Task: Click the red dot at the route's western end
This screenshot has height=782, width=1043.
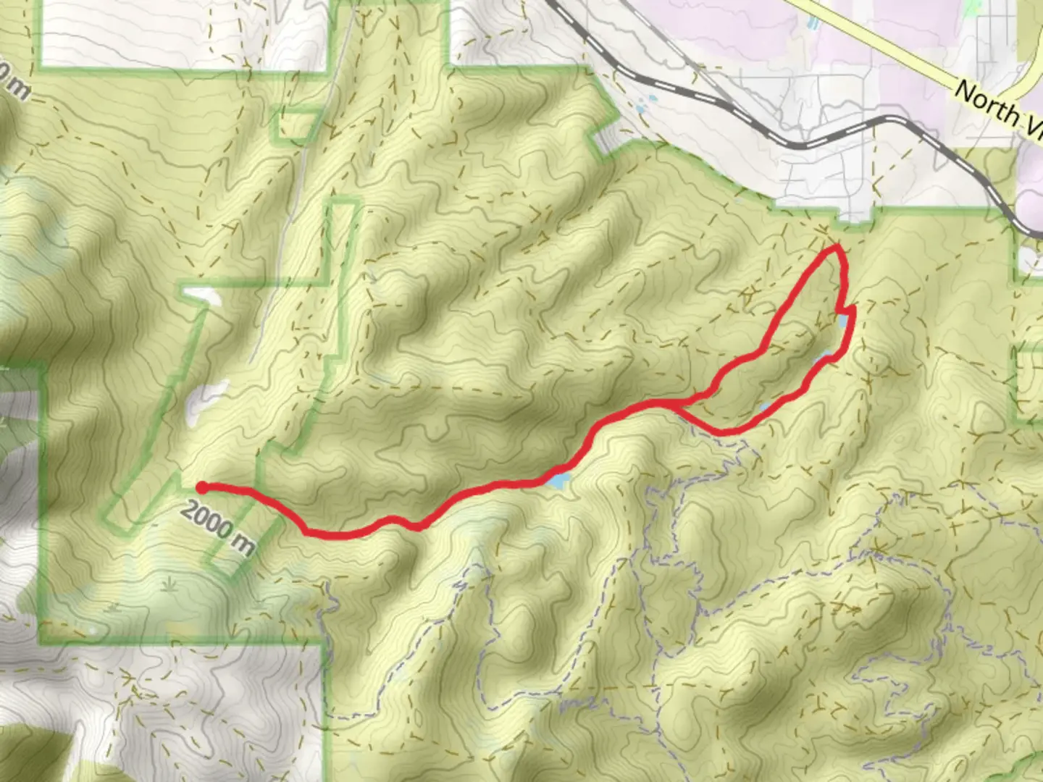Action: point(204,487)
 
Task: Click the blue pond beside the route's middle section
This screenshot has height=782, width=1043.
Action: point(558,479)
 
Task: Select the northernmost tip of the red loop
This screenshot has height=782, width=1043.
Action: point(837,248)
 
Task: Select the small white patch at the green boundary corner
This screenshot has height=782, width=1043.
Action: point(201,293)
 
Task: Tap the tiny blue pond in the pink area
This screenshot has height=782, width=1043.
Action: point(811,22)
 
